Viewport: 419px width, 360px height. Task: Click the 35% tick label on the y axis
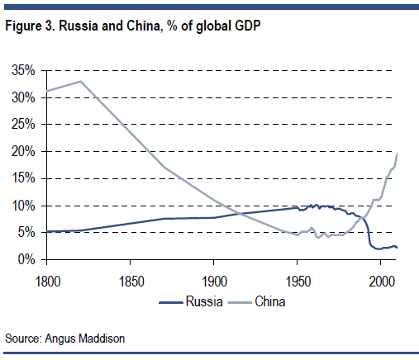(22, 70)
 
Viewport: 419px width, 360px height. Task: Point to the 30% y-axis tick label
(22, 97)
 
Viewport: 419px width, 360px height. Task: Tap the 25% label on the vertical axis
(22, 124)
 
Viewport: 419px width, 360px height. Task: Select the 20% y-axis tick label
(22, 151)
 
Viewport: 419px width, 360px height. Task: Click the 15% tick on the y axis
(22, 178)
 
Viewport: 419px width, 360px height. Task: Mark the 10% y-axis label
(22, 206)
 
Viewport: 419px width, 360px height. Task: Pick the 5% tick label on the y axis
(26, 232)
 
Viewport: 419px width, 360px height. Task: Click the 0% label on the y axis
(26, 259)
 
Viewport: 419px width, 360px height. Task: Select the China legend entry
(267, 301)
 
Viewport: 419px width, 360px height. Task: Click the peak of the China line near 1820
(80, 81)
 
